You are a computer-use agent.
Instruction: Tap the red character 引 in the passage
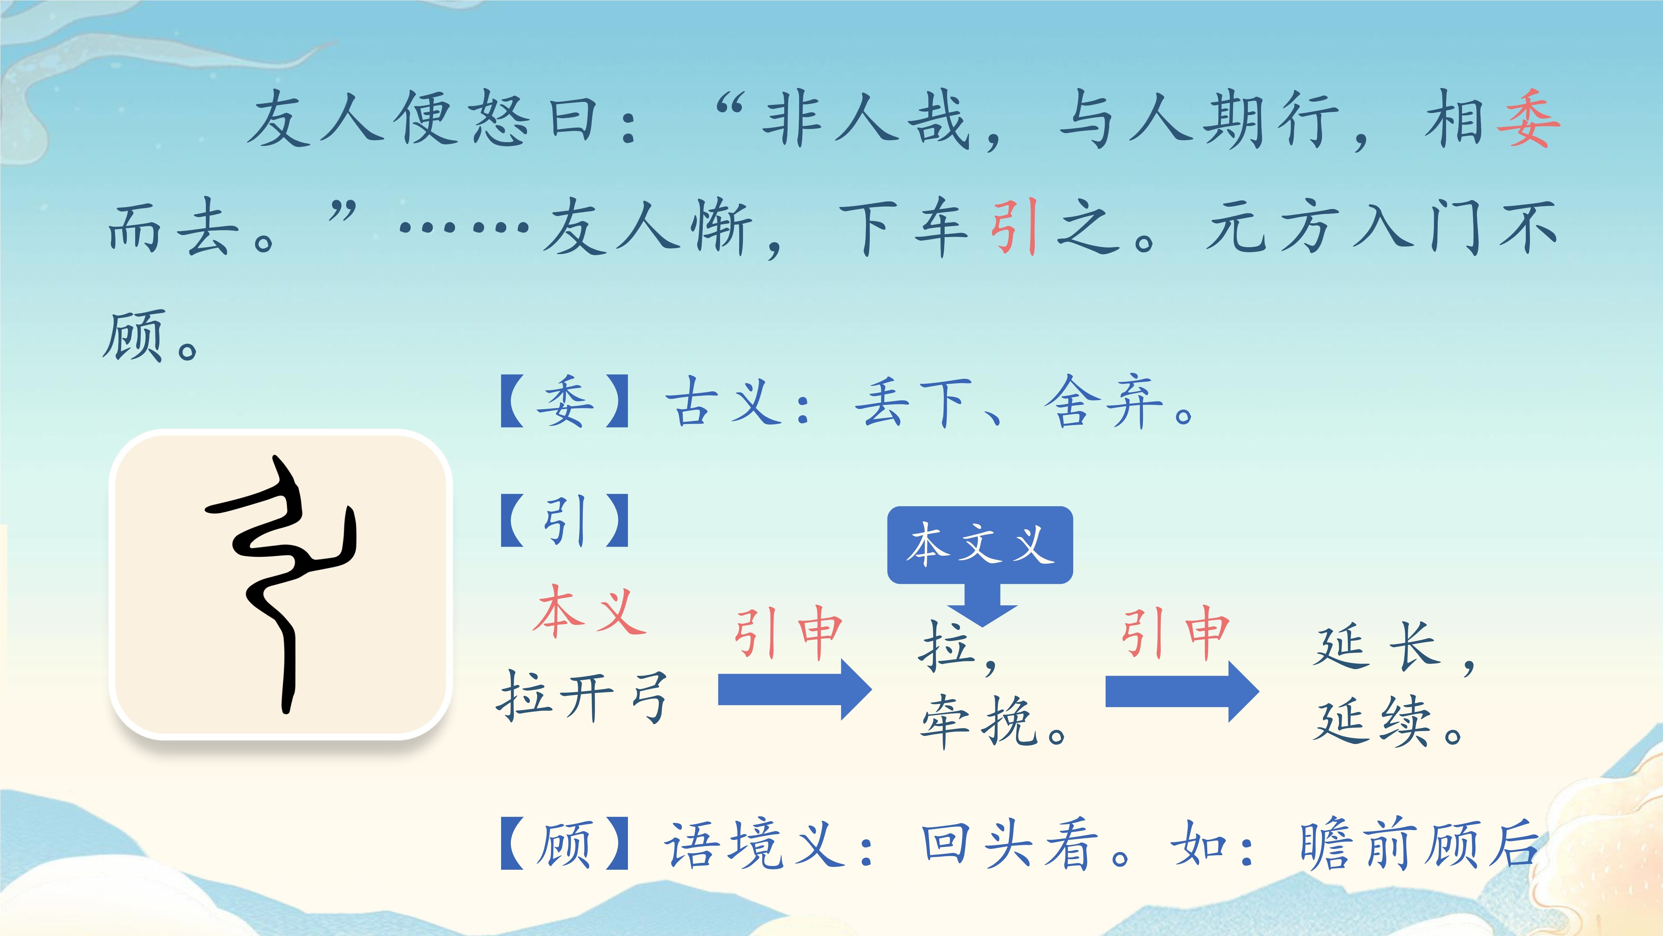(1014, 226)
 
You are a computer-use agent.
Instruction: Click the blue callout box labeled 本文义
(980, 545)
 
